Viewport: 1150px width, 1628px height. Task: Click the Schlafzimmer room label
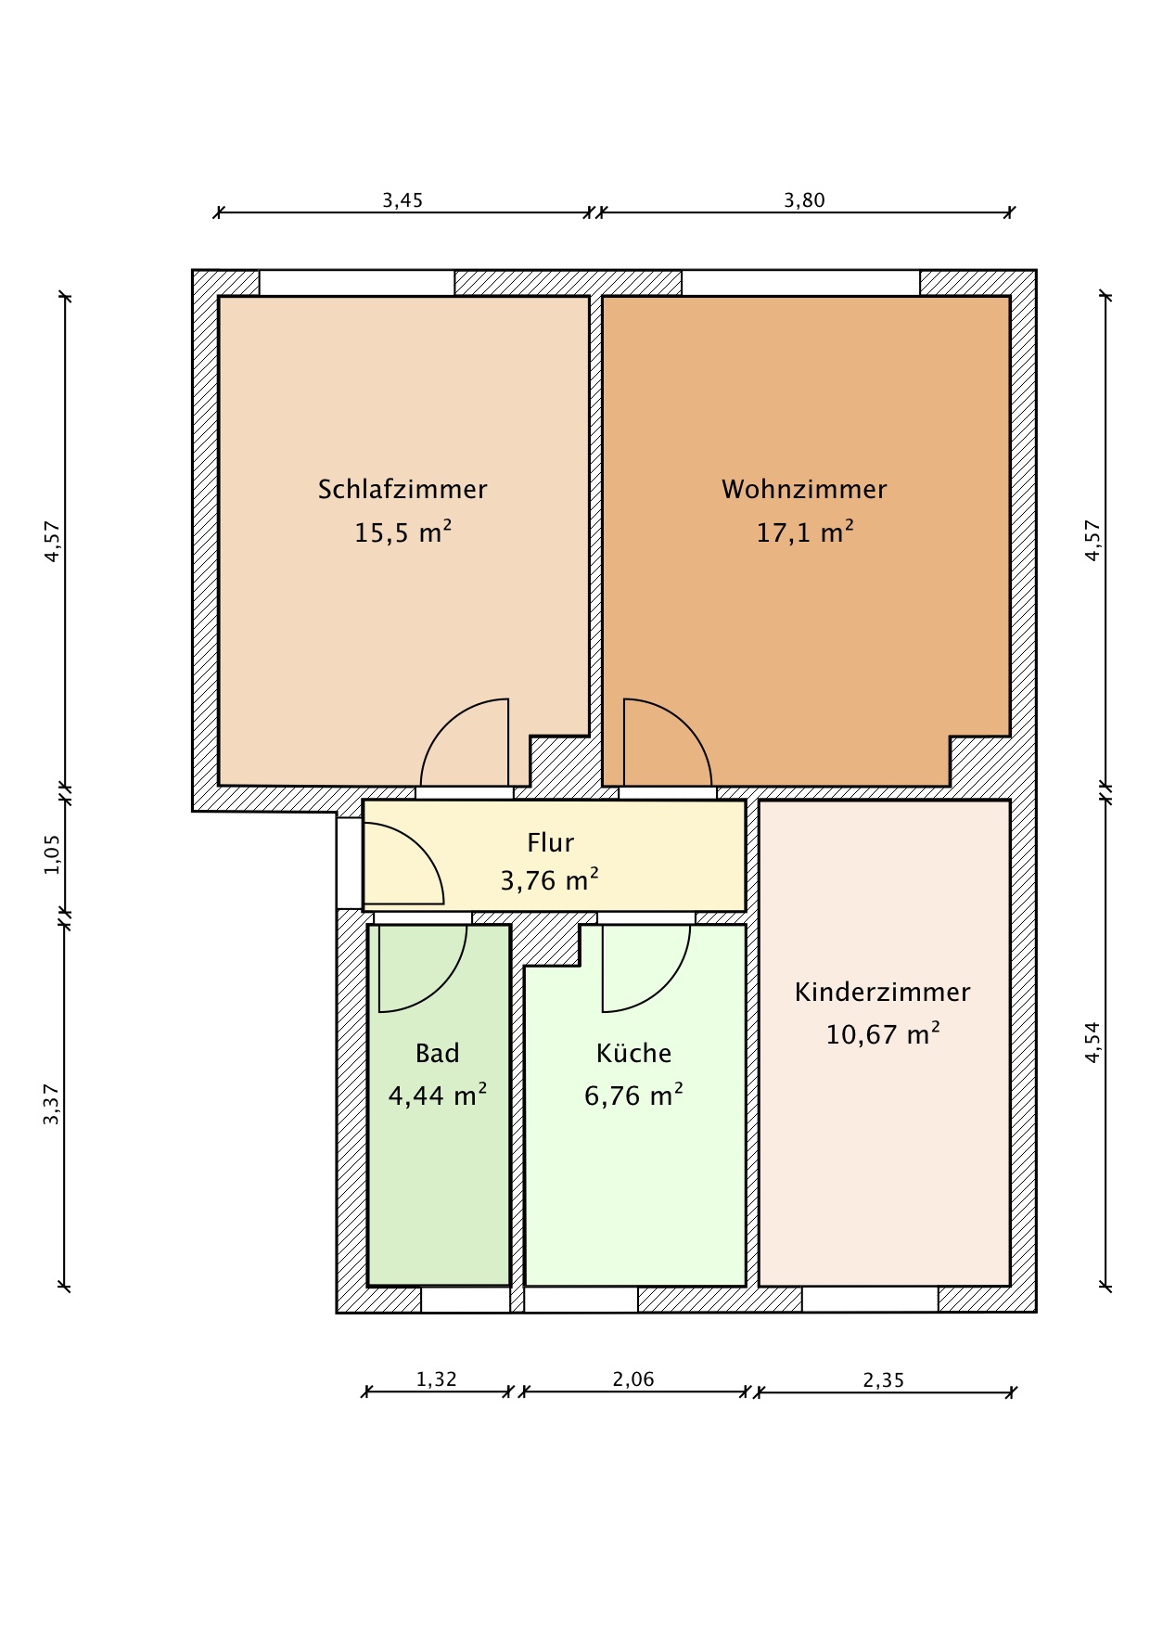pos(402,489)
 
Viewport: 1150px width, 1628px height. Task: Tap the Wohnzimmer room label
pos(804,489)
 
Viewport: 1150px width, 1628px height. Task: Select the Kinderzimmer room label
pos(882,992)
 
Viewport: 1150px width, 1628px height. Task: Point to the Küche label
pos(633,1053)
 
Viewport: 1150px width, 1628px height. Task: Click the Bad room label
pos(438,1053)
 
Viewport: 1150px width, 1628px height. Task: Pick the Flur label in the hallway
pos(551,842)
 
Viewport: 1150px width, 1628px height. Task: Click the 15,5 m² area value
pos(402,532)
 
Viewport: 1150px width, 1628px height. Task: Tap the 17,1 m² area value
pos(804,532)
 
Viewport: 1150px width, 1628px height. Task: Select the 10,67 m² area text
pos(882,1033)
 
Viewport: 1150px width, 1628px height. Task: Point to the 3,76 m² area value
pos(550,879)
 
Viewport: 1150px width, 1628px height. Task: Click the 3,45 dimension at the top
pos(402,200)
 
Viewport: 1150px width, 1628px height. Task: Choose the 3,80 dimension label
pos(804,200)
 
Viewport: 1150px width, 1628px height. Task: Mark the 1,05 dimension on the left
pos(52,854)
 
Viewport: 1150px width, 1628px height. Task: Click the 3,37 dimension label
pos(52,1105)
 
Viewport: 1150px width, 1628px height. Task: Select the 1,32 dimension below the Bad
pos(436,1379)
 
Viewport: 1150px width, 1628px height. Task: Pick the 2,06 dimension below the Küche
pos(633,1379)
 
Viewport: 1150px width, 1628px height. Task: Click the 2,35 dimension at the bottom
pos(883,1380)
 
